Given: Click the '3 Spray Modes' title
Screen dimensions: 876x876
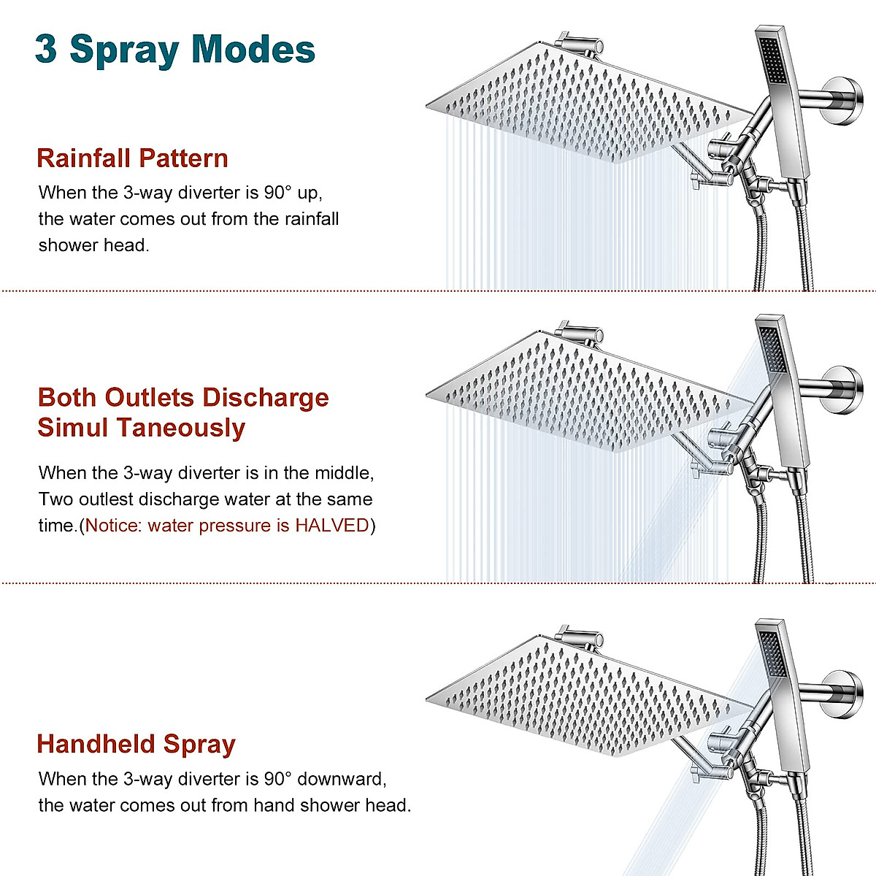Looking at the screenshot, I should (x=175, y=50).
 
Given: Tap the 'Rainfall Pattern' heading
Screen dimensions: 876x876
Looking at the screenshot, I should (x=132, y=158).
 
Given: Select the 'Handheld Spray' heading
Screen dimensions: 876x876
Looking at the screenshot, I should (x=136, y=744).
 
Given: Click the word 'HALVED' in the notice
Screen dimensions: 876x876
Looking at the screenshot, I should (x=332, y=526).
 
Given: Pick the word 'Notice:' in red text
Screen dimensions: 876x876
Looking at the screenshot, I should (x=114, y=526).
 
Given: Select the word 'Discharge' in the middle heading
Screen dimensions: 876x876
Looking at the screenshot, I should (x=266, y=398).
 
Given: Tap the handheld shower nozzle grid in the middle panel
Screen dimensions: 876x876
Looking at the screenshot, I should (x=771, y=347).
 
